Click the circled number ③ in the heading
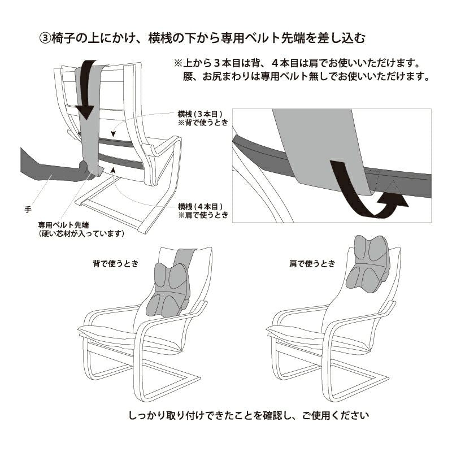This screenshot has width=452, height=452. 45,38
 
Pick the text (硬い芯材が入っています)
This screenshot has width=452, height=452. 81,232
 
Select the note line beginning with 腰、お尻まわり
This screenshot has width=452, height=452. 306,76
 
